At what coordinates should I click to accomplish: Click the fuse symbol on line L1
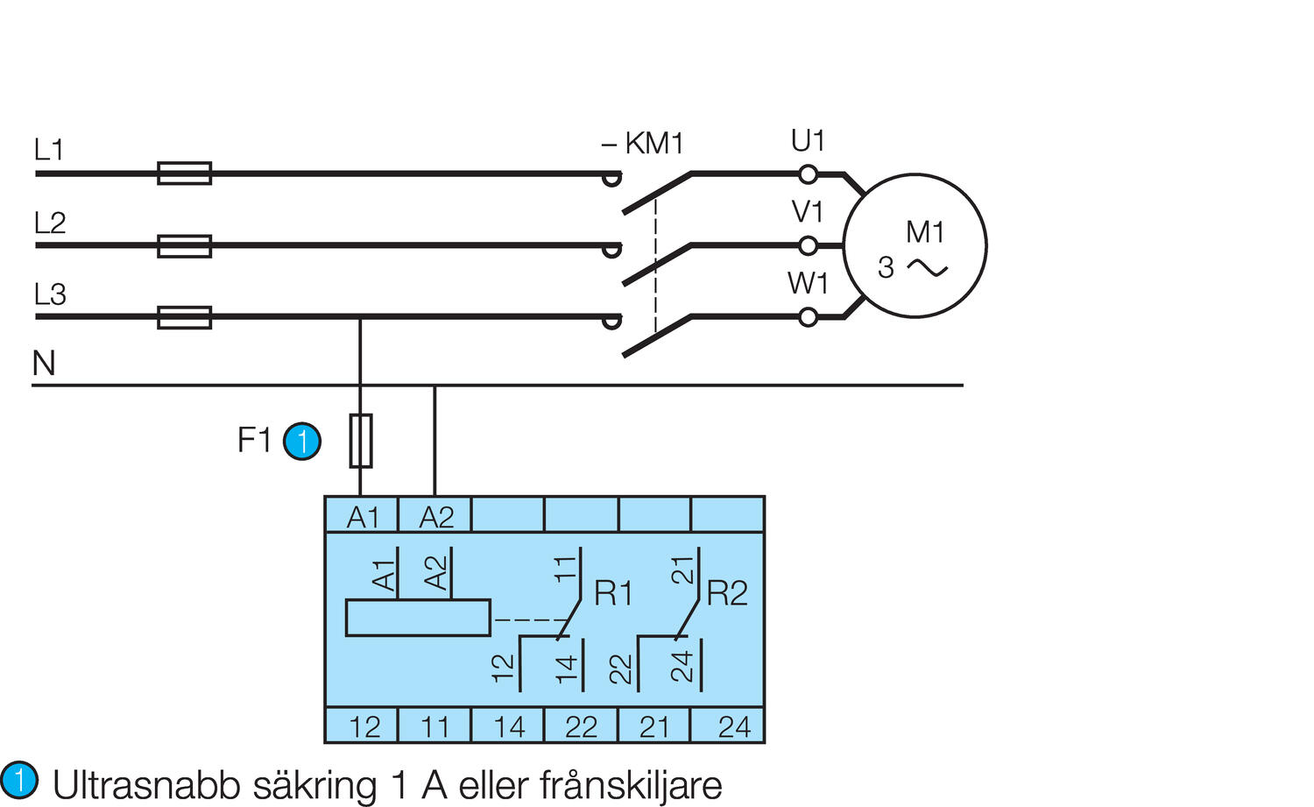184,173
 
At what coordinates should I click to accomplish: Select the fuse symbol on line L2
184,245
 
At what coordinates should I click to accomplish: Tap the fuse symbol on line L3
184,316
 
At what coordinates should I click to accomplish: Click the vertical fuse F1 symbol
361,440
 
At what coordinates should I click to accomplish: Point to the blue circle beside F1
302,441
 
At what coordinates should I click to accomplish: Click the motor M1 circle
915,245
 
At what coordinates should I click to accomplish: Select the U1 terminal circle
809,174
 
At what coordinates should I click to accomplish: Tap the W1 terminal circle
809,317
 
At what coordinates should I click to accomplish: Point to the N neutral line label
44,363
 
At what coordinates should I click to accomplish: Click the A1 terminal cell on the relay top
362,516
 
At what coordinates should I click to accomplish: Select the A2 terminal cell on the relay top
435,516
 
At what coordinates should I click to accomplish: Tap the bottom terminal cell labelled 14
508,726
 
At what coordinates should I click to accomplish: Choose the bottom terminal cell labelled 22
581,726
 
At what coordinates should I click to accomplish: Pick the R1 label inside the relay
613,594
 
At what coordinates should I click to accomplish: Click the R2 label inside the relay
727,594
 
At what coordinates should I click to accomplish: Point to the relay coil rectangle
418,618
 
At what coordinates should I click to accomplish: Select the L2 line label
50,223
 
